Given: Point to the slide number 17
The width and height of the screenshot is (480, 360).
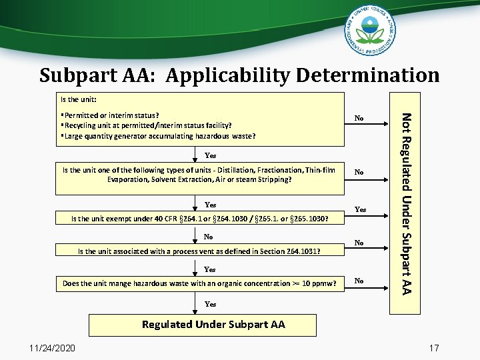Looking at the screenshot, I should point(434,347).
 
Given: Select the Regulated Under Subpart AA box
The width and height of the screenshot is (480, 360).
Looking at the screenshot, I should point(213,325).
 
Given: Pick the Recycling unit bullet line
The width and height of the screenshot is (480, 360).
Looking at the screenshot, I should point(146,125).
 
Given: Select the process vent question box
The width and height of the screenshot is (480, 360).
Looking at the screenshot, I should point(199,251).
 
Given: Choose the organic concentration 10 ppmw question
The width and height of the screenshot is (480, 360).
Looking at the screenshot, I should point(199,284).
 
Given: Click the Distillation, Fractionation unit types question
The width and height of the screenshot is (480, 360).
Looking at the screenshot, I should point(199,175).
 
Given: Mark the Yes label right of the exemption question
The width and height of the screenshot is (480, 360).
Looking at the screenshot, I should point(360,209).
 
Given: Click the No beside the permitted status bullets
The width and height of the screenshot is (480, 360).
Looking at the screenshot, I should point(359,119).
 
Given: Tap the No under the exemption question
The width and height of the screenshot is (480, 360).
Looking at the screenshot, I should point(209,237).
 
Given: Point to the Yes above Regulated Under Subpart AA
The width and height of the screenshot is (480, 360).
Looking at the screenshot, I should point(210,304).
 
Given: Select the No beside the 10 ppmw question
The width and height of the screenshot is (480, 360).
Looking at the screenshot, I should point(359,281).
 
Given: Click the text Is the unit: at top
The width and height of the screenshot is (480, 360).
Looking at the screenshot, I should point(79,99).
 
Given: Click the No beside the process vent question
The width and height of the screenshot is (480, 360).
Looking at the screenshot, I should point(359,243).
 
